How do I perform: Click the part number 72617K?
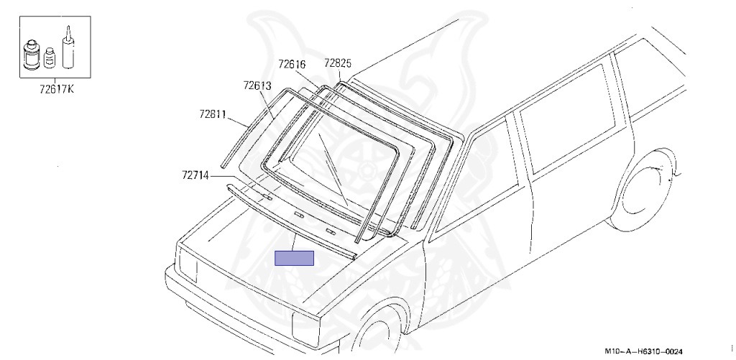(x=57, y=88)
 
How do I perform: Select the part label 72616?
(x=292, y=64)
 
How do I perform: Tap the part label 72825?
(x=338, y=63)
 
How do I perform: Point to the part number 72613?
(x=257, y=86)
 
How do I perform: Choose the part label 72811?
(x=213, y=114)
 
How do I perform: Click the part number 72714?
(x=195, y=175)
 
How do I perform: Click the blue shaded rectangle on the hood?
(x=294, y=258)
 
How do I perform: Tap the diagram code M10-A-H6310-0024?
(x=643, y=351)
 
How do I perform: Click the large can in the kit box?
(x=32, y=55)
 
